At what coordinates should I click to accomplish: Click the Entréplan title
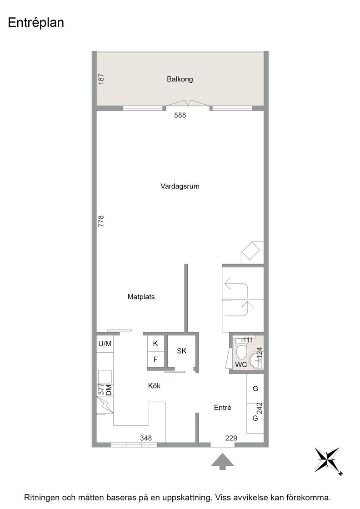point(36,23)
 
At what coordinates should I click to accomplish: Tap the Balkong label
point(180,79)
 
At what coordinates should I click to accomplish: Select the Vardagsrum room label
point(180,186)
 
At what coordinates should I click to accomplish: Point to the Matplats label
point(141,297)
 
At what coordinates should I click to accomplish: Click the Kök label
point(154,386)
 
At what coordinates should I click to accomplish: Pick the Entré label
point(222,408)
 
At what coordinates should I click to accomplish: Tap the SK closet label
point(182,351)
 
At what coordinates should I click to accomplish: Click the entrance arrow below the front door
point(222,461)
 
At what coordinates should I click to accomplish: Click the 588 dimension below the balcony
point(180,115)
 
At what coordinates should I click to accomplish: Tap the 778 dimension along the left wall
point(101,221)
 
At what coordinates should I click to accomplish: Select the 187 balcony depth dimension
point(101,79)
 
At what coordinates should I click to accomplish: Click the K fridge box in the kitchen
point(155,344)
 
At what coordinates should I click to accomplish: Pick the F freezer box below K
point(155,359)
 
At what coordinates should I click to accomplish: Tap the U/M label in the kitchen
point(105,344)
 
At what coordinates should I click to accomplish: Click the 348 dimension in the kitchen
point(146,438)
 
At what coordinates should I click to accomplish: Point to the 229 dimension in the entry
point(231,438)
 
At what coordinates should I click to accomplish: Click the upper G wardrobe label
point(255,389)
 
